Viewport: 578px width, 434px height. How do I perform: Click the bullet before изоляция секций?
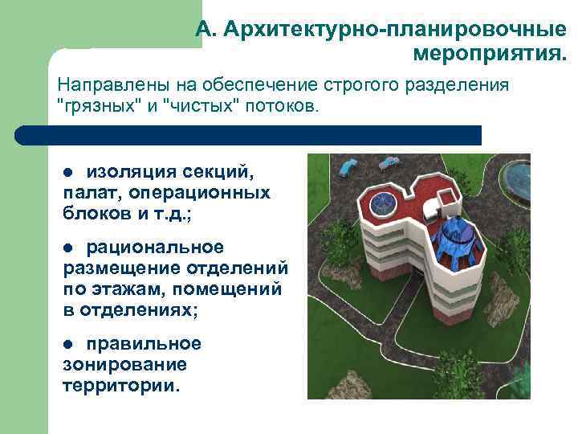(x=68, y=172)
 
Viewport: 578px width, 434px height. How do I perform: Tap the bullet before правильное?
(x=68, y=345)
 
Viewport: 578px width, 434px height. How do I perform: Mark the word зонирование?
(x=124, y=365)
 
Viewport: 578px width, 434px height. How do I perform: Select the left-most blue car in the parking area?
(x=349, y=167)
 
